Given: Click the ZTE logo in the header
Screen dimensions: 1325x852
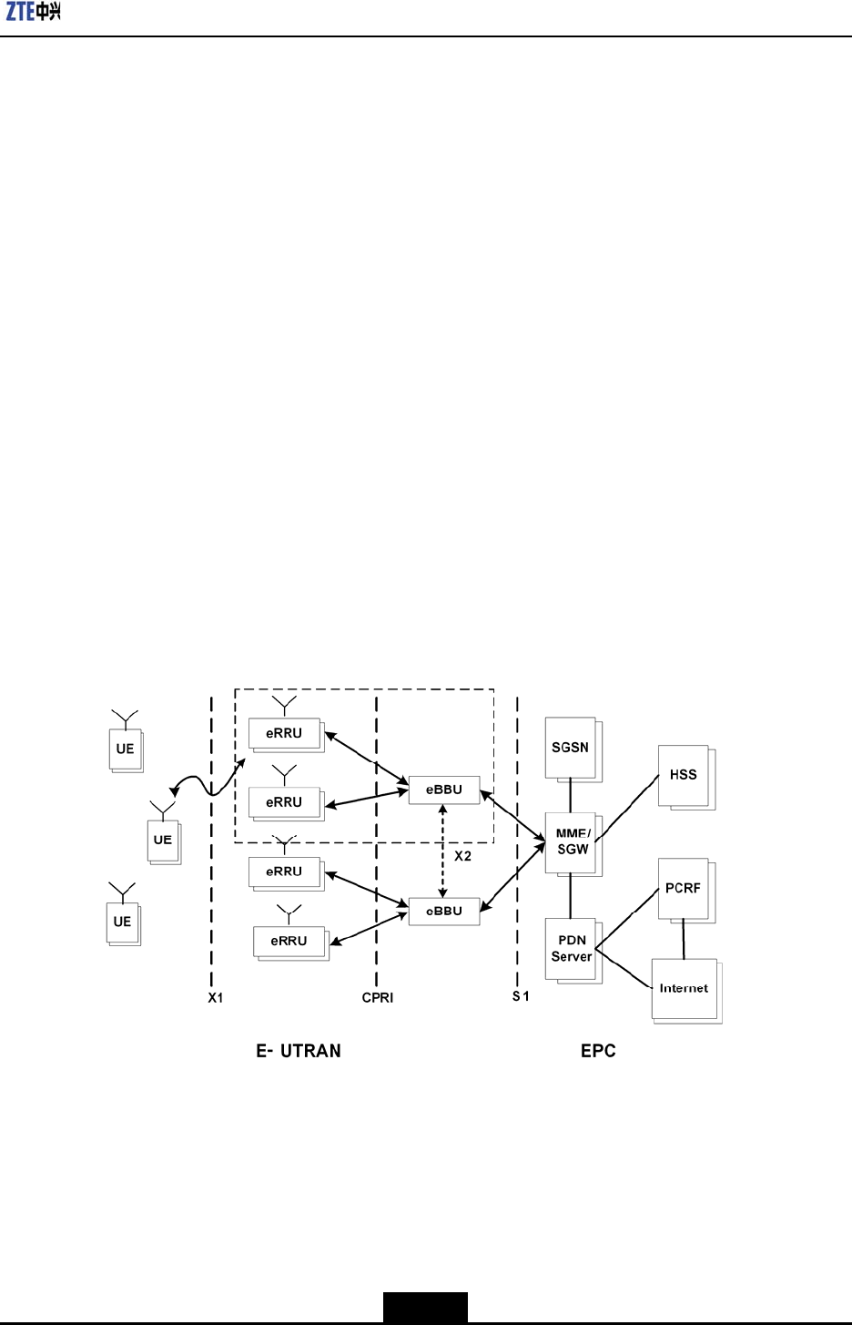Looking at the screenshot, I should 34,12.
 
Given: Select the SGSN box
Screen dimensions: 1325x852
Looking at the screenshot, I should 571,748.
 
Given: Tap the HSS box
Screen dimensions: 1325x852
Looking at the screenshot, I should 683,775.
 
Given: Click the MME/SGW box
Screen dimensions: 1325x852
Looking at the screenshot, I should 572,841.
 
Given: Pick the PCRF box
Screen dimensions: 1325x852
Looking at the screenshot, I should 683,888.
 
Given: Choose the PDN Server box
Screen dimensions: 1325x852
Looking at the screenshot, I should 571,948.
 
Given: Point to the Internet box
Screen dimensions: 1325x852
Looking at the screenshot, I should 684,988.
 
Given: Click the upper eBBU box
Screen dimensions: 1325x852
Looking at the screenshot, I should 444,790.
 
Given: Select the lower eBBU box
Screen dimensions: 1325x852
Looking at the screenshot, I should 444,911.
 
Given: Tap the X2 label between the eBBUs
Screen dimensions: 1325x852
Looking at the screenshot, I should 462,856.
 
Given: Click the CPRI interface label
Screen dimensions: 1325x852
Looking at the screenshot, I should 378,998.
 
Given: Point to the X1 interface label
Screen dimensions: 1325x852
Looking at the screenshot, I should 216,998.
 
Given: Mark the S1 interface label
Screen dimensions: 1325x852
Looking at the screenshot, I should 521,996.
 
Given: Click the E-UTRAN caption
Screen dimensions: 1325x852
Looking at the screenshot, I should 299,1051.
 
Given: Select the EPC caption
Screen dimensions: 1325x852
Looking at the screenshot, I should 598,1051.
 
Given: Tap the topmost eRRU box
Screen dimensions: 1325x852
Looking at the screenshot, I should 285,733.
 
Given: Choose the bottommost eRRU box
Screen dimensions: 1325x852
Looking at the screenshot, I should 289,941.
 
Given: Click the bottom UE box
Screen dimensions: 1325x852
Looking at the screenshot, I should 123,922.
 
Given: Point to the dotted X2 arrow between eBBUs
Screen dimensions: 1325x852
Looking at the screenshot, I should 443,851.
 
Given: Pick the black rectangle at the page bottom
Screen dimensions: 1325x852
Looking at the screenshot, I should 425,1307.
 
